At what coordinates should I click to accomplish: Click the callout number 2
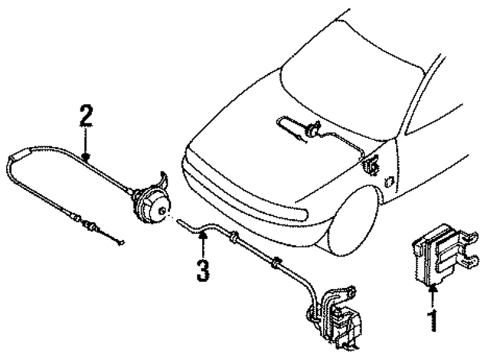(x=86, y=116)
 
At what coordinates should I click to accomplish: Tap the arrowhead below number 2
(x=87, y=155)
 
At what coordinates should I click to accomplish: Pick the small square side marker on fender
(x=391, y=182)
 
